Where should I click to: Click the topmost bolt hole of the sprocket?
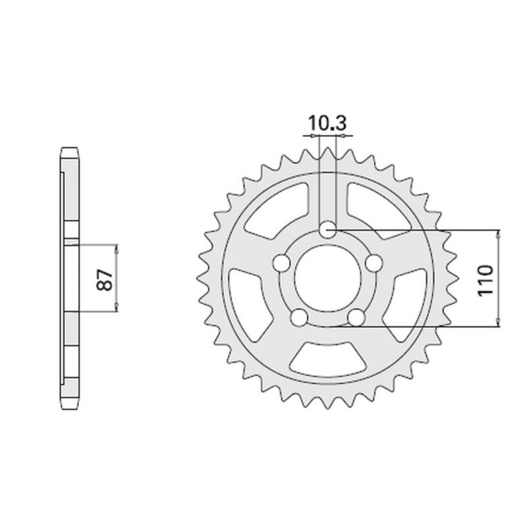point(328,230)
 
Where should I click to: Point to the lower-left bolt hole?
point(300,318)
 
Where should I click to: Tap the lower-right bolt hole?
point(357,318)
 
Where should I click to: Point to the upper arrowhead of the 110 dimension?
point(499,234)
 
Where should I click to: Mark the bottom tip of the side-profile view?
point(70,406)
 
